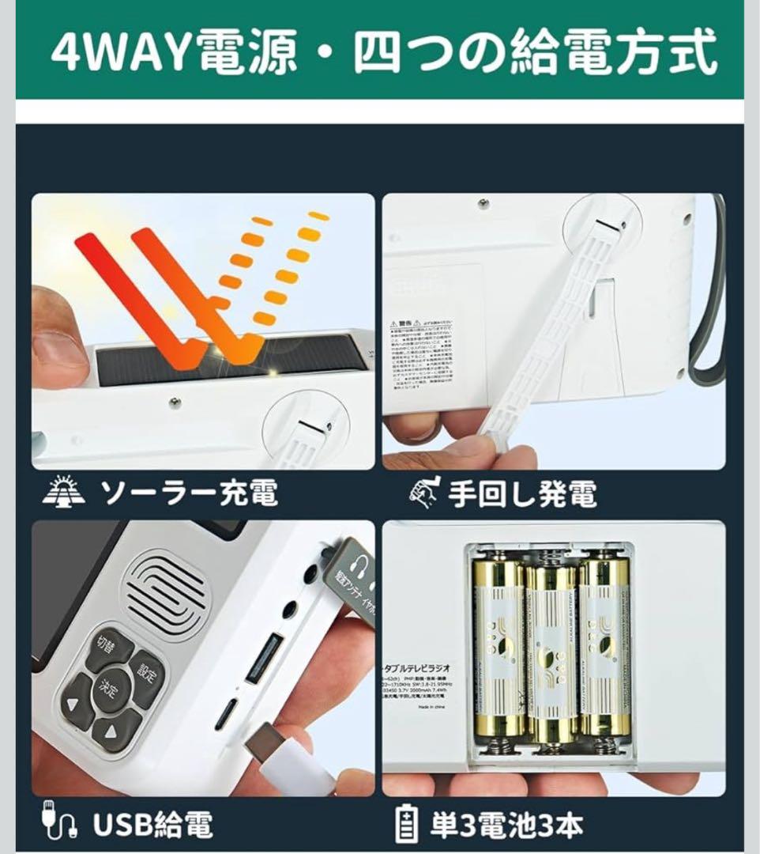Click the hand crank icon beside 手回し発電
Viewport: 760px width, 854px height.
pyautogui.click(x=423, y=493)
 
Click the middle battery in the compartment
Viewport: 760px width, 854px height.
pyautogui.click(x=551, y=648)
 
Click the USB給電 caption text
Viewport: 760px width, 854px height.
pyautogui.click(x=152, y=825)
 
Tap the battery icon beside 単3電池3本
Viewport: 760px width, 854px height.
pyautogui.click(x=405, y=825)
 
